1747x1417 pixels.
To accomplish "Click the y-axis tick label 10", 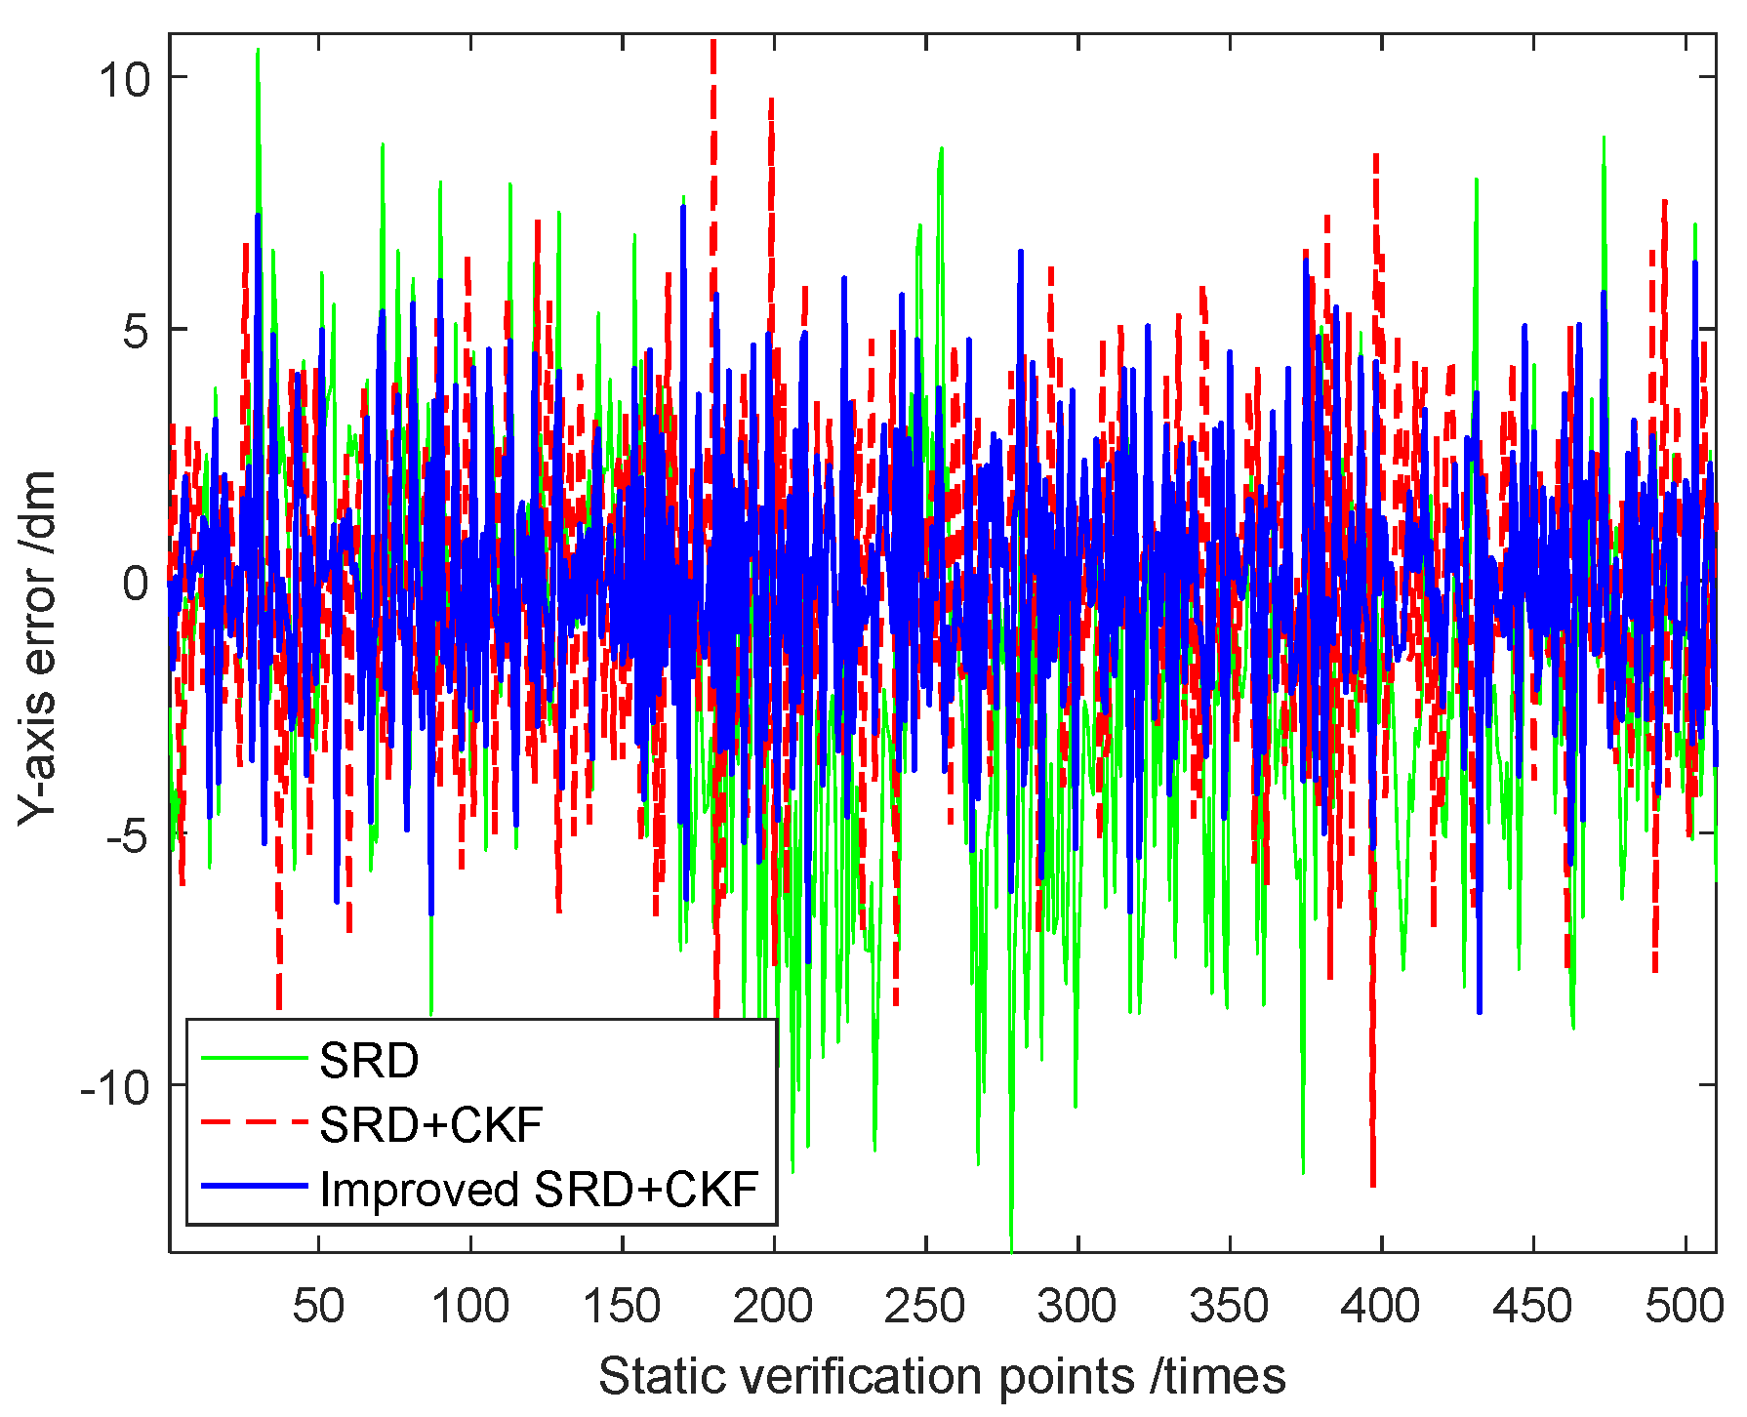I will pyautogui.click(x=125, y=79).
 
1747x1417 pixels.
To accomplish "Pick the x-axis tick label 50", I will pyautogui.click(x=318, y=1306).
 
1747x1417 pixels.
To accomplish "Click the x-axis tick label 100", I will pyautogui.click(x=469, y=1306).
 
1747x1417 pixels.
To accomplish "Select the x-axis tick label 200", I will pyautogui.click(x=773, y=1306).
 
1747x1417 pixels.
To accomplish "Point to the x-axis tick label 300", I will pyautogui.click(x=1077, y=1306).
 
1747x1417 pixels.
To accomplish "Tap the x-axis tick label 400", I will pyautogui.click(x=1380, y=1306).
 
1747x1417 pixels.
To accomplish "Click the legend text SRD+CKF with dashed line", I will pyautogui.click(x=430, y=1125).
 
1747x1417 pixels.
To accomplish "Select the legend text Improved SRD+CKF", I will pyautogui.click(x=539, y=1190).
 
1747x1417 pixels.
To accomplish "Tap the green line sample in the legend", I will pyautogui.click(x=254, y=1058).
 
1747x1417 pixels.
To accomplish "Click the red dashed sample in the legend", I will pyautogui.click(x=254, y=1123).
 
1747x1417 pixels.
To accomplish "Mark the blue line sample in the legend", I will pyautogui.click(x=254, y=1187).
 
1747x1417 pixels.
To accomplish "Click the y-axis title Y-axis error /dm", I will pyautogui.click(x=39, y=646).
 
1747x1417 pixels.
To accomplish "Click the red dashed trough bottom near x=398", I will pyautogui.click(x=1373, y=1185).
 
